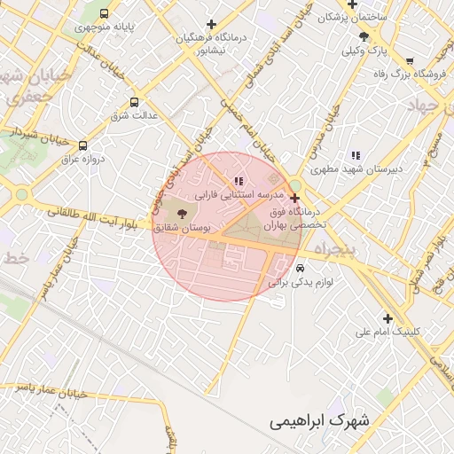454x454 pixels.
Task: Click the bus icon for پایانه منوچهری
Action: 105,14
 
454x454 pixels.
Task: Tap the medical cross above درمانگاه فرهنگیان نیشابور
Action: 211,24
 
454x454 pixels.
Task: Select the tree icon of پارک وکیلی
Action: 364,36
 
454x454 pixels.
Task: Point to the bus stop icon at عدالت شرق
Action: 134,102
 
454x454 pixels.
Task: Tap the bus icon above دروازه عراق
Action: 83,146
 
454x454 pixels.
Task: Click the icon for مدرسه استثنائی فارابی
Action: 237,182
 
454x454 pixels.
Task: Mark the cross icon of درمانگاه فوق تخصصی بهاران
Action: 294,199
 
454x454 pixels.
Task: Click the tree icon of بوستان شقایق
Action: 183,213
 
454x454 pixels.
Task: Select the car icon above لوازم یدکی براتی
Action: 301,267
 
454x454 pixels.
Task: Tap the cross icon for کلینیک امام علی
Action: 387,318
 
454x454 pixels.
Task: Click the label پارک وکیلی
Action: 365,51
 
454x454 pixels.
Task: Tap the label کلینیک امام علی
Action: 387,333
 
